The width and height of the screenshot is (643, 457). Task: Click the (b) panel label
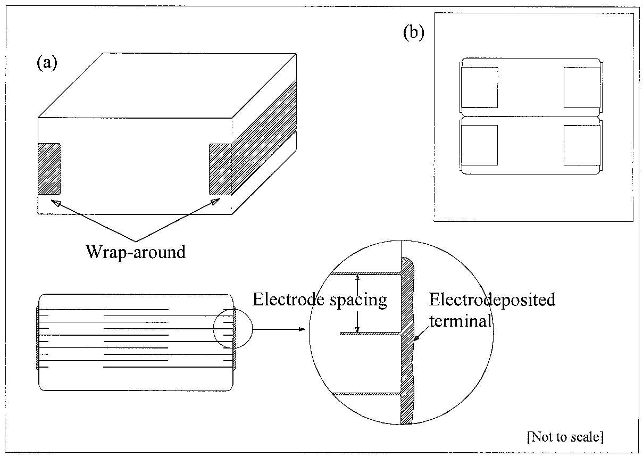pos(414,33)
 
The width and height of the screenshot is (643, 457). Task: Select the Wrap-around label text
pos(136,251)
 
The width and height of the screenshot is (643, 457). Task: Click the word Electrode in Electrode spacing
pos(286,300)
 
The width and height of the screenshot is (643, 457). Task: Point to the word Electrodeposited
pos(492,300)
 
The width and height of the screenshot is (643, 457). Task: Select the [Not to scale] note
pos(565,437)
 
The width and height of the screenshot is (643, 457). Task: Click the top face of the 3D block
pos(165,85)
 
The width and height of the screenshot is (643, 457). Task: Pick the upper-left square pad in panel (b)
pos(479,87)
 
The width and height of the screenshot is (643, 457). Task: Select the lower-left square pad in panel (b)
pos(479,145)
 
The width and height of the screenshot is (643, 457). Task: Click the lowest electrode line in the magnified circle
pos(367,394)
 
